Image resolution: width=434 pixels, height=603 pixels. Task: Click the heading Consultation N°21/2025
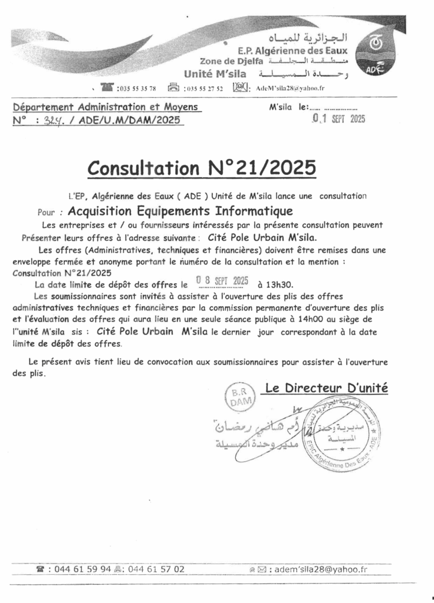pos(201,167)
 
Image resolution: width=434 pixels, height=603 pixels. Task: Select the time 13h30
pos(271,284)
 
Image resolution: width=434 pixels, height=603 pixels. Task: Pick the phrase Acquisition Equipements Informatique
pos(180,211)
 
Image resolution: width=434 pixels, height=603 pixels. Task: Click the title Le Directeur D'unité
pos(326,388)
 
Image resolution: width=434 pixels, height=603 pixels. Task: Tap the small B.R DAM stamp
pos(239,397)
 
